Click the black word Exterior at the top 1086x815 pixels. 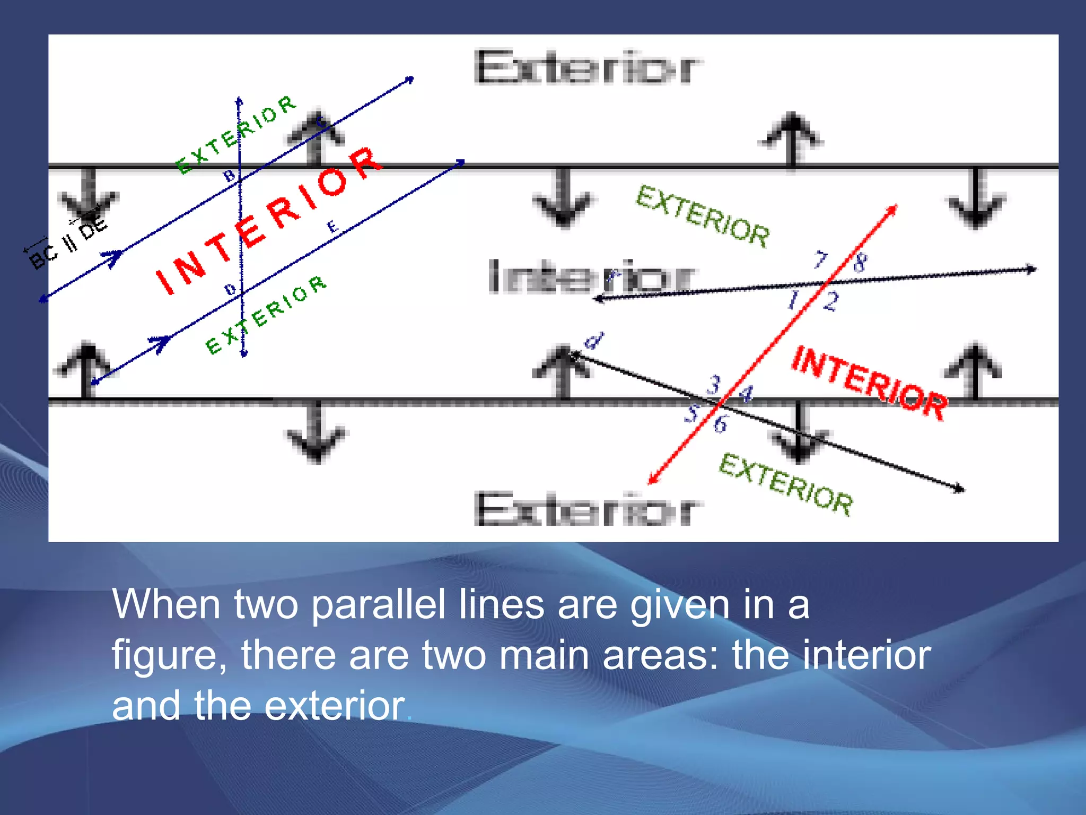588,68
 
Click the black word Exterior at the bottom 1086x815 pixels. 588,509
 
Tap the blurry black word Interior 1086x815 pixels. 590,276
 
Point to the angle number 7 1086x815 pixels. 820,260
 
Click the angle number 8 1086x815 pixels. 860,262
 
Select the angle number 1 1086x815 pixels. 793,300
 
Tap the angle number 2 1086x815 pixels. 830,301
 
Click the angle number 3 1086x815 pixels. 714,384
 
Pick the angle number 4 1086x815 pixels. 746,394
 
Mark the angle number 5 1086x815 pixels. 691,412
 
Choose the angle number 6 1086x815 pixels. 720,424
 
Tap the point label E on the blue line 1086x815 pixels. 332,227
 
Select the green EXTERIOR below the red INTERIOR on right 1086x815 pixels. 786,484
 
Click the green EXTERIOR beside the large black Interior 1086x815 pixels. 703,216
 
